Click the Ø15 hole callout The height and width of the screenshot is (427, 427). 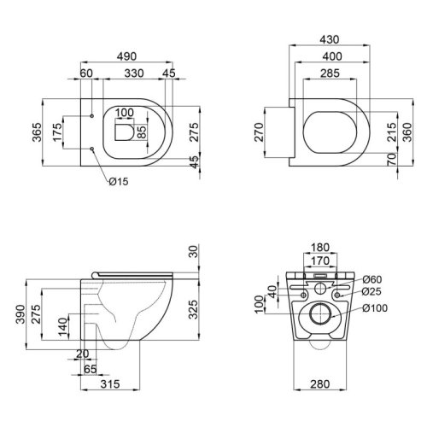118,180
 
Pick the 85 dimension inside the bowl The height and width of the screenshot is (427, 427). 142,132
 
